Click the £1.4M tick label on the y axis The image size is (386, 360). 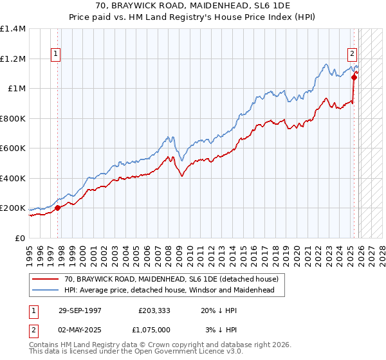click(13, 29)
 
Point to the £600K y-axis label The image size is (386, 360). click(13, 148)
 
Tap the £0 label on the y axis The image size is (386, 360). click(20, 238)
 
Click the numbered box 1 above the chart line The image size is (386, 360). click(57, 55)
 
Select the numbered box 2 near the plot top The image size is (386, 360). click(353, 55)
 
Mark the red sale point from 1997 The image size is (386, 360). click(58, 208)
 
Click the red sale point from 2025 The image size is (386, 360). click(354, 78)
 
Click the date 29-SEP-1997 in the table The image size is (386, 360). click(80, 310)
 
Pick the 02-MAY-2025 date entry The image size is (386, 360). click(80, 329)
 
